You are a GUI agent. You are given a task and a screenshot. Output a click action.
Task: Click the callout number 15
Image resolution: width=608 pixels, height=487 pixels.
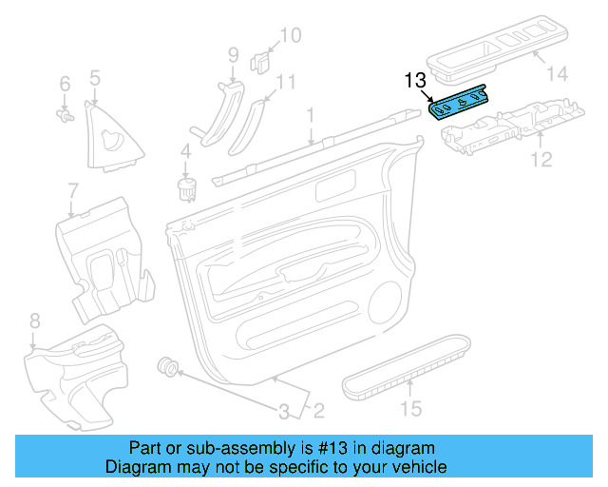point(409,410)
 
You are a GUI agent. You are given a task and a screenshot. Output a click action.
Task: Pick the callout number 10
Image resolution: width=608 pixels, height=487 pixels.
point(289,36)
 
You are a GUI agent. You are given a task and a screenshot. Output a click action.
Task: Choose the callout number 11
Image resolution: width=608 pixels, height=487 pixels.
point(286,82)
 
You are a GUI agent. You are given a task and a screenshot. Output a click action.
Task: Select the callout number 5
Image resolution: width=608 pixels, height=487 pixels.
point(95,77)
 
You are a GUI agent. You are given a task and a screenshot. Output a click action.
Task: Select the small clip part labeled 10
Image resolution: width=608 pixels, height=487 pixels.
point(259,63)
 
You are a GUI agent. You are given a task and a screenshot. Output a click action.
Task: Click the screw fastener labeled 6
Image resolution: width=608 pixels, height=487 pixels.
point(66,116)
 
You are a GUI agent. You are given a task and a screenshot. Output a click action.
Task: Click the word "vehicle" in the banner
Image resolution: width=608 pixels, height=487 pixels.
point(419,467)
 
